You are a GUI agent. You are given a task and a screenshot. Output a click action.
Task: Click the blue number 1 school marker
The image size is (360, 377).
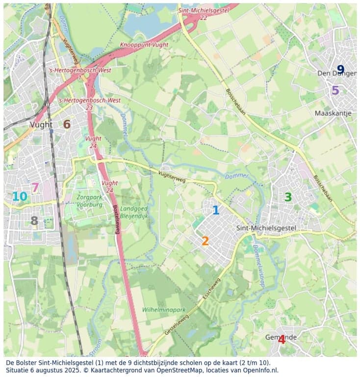click(215, 210)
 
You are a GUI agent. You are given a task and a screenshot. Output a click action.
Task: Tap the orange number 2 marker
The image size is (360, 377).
click(205, 241)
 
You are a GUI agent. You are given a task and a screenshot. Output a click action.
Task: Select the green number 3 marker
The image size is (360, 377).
click(288, 197)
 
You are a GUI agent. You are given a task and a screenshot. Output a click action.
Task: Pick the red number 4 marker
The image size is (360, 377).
click(282, 339)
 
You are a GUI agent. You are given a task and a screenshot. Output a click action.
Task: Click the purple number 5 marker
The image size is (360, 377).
click(335, 90)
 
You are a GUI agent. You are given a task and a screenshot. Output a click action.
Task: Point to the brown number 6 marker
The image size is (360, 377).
click(67, 124)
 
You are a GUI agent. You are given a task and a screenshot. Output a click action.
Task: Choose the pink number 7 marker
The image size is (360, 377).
click(35, 187)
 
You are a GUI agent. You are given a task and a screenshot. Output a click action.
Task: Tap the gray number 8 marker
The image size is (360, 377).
click(34, 221)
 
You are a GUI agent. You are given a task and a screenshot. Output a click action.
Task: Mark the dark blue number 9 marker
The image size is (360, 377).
click(340, 70)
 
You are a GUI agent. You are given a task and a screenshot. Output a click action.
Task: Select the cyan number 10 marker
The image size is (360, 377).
click(20, 197)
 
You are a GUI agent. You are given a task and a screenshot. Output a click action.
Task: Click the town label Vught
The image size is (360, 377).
click(41, 124)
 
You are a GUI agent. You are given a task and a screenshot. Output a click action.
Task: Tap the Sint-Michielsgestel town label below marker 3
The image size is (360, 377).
click(266, 228)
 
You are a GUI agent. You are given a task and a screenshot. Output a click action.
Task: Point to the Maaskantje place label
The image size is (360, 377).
click(333, 113)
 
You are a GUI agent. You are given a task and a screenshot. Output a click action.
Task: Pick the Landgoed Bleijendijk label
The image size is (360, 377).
click(133, 212)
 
